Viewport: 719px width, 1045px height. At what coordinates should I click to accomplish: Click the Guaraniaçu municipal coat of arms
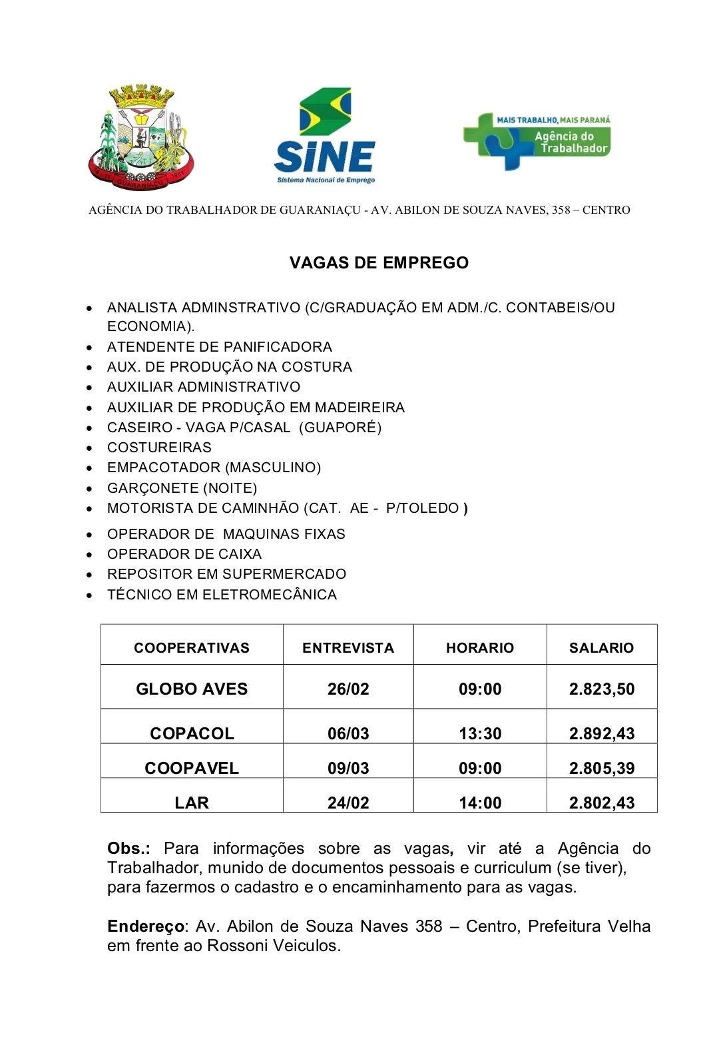(140, 138)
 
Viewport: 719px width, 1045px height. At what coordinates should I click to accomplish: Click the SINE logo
(325, 137)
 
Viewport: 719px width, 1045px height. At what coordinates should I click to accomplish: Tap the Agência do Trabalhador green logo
(537, 141)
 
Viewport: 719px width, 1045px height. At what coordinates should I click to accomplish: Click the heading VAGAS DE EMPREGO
(379, 263)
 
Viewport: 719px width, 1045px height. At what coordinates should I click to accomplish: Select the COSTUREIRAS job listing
(159, 448)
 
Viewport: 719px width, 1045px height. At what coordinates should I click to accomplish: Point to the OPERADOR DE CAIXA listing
(184, 554)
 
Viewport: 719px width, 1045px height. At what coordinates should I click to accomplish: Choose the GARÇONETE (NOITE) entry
(182, 488)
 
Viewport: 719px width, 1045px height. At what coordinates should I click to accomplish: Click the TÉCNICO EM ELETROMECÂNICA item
(222, 595)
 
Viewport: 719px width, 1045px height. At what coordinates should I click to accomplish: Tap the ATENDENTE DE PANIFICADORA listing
(219, 347)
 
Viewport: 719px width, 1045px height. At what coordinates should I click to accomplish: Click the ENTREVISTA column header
(348, 648)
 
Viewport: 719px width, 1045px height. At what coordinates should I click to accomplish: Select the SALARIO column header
(601, 648)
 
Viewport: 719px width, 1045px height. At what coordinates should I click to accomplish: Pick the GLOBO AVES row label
(192, 689)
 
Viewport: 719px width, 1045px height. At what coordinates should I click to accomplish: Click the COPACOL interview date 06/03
(348, 733)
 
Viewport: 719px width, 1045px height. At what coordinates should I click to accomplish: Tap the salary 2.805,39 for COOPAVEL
(602, 768)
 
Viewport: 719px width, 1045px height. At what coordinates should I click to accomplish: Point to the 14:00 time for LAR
(480, 803)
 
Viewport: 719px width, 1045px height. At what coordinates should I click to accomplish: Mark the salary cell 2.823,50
(602, 689)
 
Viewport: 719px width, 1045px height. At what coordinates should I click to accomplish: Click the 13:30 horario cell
(480, 733)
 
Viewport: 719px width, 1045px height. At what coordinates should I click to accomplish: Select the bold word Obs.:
(128, 849)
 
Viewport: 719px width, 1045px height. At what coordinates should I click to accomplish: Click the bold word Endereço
(146, 926)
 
